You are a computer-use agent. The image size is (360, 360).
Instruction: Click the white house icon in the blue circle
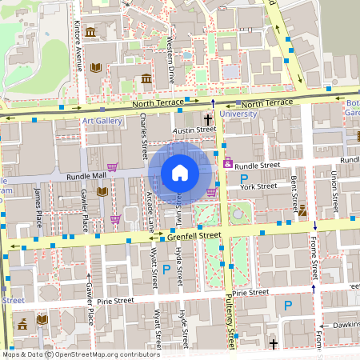180,172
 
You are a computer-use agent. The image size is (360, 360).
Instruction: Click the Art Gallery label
101,122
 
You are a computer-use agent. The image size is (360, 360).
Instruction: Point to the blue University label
238,114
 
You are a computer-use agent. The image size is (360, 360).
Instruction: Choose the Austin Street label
195,129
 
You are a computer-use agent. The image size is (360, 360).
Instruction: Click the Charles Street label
144,136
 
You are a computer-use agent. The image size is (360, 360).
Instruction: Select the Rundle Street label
258,166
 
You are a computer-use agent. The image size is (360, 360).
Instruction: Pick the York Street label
258,186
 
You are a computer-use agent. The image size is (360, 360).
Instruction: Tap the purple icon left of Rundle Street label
228,163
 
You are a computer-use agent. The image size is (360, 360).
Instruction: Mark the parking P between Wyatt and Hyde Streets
166,270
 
